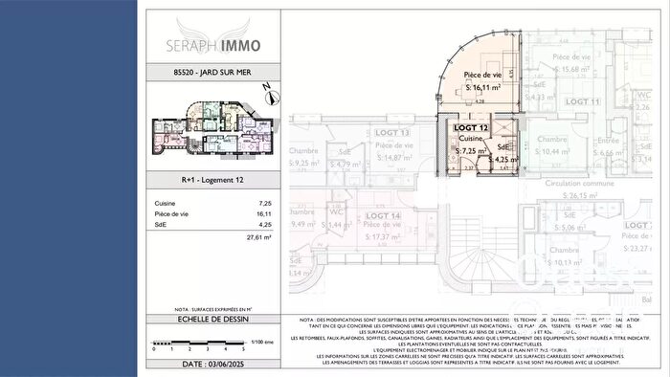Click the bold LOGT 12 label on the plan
coord(471,127)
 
